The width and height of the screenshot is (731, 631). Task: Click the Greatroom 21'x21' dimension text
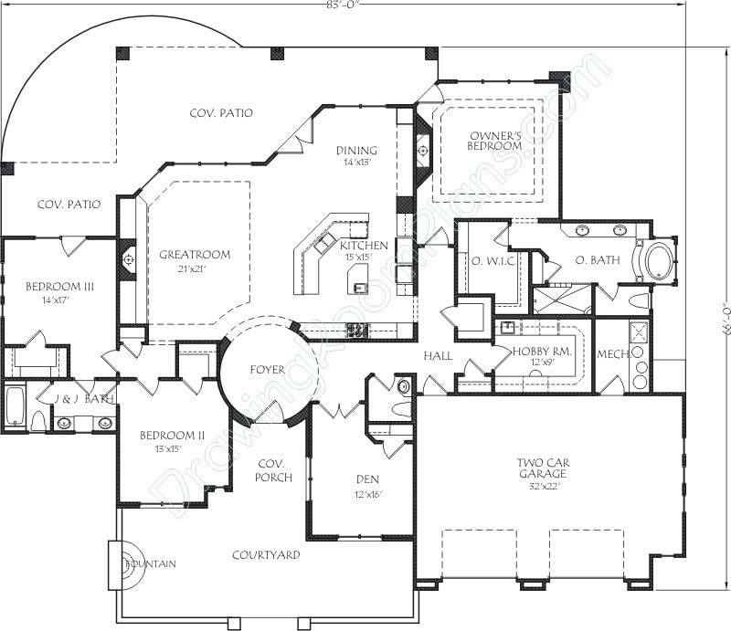click(x=194, y=270)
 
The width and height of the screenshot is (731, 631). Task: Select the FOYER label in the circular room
click(x=267, y=370)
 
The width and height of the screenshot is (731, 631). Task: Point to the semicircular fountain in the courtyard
click(x=122, y=563)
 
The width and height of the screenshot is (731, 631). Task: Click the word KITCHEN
click(x=364, y=246)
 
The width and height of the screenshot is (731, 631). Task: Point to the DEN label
click(x=367, y=479)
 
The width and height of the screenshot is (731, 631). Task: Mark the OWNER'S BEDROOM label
click(x=494, y=139)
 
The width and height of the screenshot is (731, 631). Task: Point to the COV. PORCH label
click(x=274, y=470)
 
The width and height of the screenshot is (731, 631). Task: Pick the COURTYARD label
click(x=266, y=554)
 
